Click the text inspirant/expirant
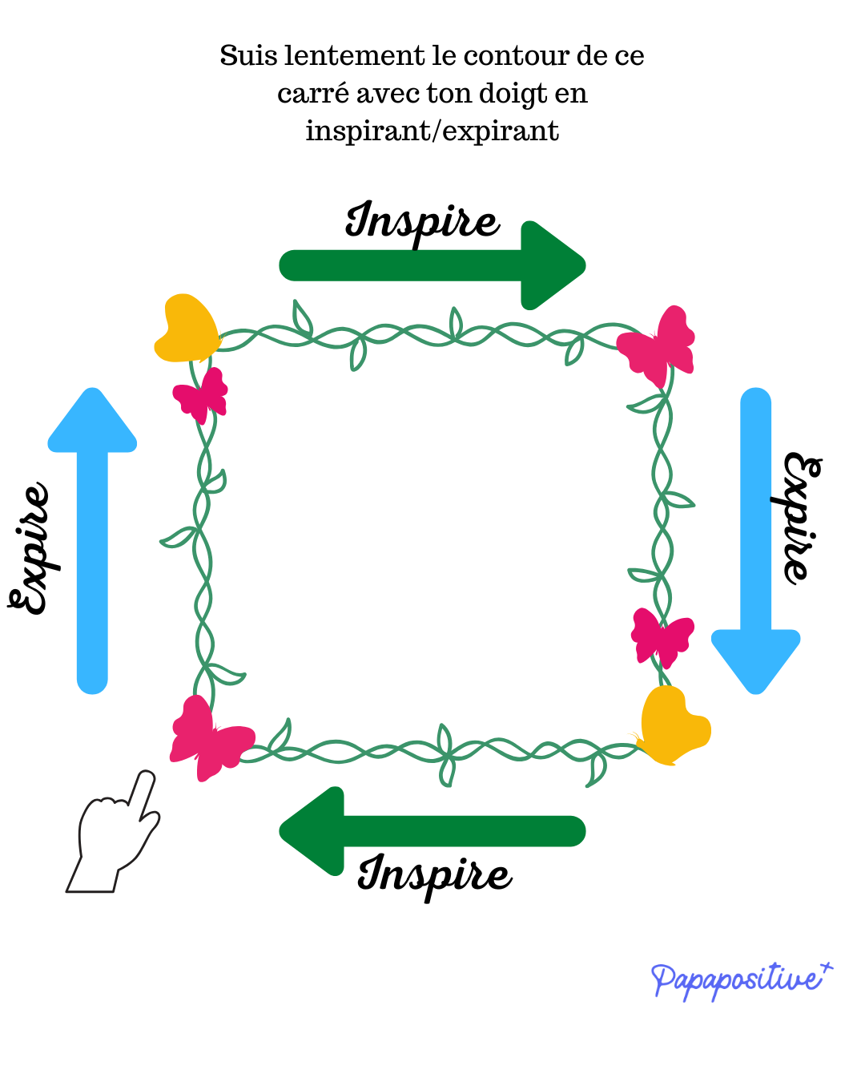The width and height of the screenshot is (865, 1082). click(432, 131)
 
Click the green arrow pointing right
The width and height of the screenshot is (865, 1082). click(432, 265)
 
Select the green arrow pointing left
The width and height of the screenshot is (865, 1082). click(432, 831)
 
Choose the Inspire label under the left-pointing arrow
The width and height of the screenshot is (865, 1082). click(434, 875)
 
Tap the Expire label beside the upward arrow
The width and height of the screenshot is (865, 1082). click(30, 550)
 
